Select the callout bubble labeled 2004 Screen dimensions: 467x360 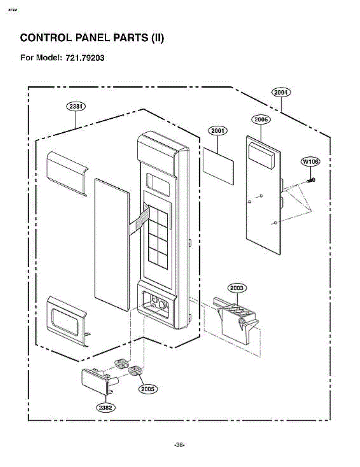point(281,92)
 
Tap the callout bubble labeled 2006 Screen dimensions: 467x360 point(261,119)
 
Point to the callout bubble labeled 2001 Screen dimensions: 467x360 point(218,131)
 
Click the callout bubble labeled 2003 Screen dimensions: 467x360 point(237,288)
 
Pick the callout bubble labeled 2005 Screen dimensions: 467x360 point(148,388)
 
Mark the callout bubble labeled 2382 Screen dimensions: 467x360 point(105,407)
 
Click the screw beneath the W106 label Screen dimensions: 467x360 point(311,180)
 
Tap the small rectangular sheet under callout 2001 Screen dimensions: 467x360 point(218,165)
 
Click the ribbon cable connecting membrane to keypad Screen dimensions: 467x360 point(140,219)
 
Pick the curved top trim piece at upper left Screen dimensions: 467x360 point(67,172)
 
